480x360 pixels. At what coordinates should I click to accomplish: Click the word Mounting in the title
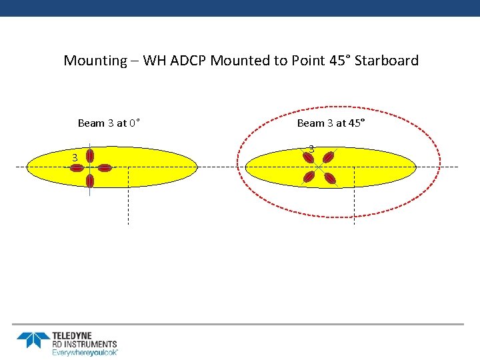pos(95,61)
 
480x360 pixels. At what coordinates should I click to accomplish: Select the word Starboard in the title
pos(387,61)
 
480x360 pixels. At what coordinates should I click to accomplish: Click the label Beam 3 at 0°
pos(109,123)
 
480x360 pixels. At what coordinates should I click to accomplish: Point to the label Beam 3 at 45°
pos(331,123)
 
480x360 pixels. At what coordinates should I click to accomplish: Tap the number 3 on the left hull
pos(75,157)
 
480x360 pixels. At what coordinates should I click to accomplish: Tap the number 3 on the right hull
pos(311,148)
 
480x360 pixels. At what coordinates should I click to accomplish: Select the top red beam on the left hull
pos(90,155)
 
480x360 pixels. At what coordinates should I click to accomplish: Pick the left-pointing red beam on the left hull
pos(78,167)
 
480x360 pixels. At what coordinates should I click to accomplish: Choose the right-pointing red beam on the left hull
pos(103,167)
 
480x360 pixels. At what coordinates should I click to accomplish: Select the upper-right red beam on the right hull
pos(328,157)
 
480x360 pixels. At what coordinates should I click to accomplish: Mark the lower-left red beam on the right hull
pos(308,177)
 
